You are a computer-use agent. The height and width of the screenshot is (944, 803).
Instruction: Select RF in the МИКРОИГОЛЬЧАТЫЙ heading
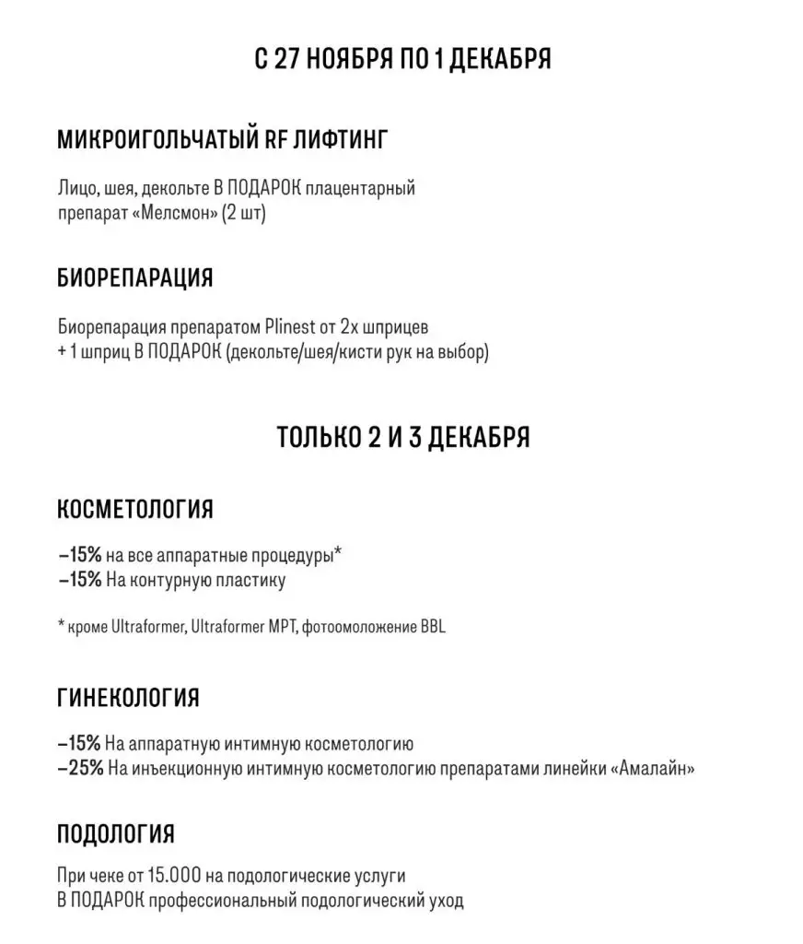coord(279,140)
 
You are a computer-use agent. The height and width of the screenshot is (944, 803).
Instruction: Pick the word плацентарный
coord(367,189)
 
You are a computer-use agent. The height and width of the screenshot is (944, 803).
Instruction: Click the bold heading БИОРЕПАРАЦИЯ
coord(134,277)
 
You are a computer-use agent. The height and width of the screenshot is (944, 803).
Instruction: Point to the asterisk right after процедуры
coord(338,553)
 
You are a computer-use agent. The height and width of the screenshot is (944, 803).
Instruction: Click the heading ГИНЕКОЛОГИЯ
coord(128,698)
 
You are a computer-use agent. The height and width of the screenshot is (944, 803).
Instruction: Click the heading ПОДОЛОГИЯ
coord(115,835)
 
